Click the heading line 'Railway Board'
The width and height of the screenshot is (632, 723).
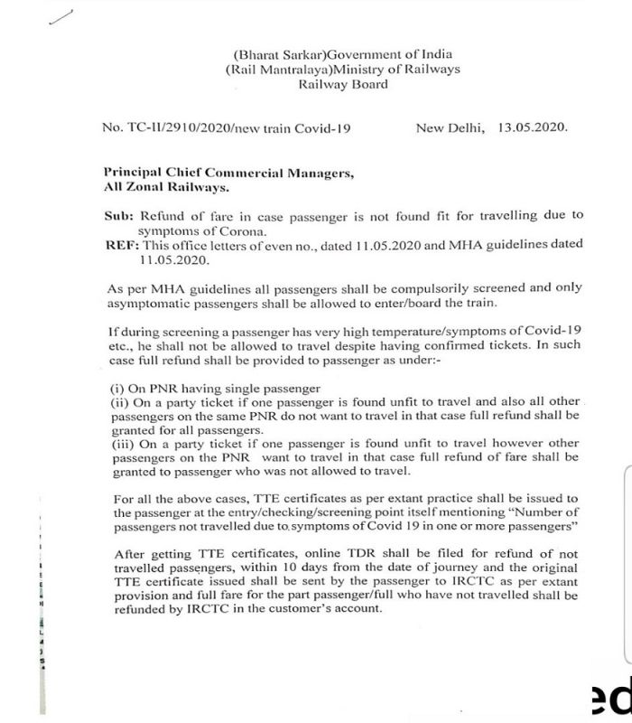tap(343, 84)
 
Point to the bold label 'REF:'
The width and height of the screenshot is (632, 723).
tap(121, 244)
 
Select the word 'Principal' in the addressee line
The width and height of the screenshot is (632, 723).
tap(135, 172)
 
